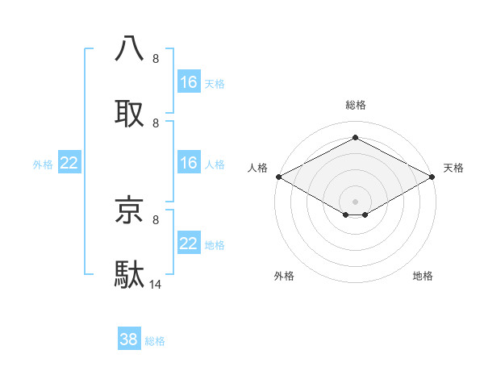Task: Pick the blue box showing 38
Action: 129,339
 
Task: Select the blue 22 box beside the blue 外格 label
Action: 69,164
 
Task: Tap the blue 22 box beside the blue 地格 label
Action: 189,244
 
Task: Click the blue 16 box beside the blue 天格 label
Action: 189,82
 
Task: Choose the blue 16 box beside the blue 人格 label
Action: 189,163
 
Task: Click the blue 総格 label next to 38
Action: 155,341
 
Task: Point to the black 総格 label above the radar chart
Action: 355,105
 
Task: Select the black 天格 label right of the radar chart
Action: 453,168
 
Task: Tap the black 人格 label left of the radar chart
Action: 257,168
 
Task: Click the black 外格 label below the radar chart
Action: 284,277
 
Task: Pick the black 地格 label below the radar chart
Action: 423,277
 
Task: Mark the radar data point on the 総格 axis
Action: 355,138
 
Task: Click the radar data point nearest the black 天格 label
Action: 433,177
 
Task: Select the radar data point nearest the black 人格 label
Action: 278,177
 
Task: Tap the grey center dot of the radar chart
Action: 355,200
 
